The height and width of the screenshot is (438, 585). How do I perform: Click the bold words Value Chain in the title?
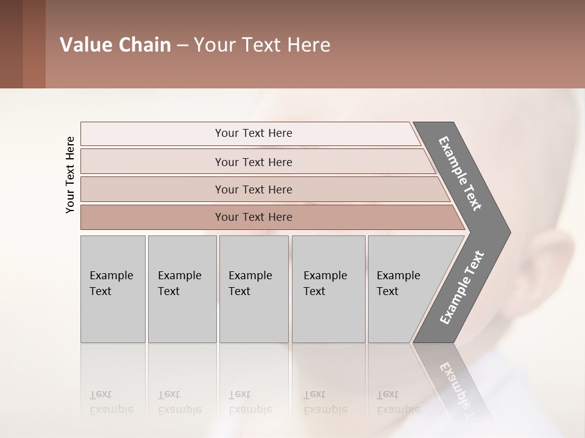tap(115, 45)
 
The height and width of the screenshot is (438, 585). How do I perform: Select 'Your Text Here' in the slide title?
tap(262, 45)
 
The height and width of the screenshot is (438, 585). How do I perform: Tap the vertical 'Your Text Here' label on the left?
tap(70, 175)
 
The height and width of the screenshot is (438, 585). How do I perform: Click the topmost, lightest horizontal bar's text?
tap(253, 133)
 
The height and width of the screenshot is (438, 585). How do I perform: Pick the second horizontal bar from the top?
tap(253, 162)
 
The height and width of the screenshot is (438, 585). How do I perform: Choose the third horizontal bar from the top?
tap(253, 189)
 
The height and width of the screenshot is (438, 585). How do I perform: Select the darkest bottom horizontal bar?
tap(253, 217)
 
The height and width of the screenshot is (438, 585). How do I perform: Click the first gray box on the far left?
tap(113, 289)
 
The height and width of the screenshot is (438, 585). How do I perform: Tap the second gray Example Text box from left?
tap(182, 289)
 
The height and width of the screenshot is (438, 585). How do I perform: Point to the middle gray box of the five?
tap(253, 289)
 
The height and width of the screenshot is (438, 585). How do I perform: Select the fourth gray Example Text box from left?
tap(328, 289)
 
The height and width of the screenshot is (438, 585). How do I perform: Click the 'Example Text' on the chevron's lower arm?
tap(462, 288)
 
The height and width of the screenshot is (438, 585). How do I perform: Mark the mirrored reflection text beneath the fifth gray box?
tap(398, 402)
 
